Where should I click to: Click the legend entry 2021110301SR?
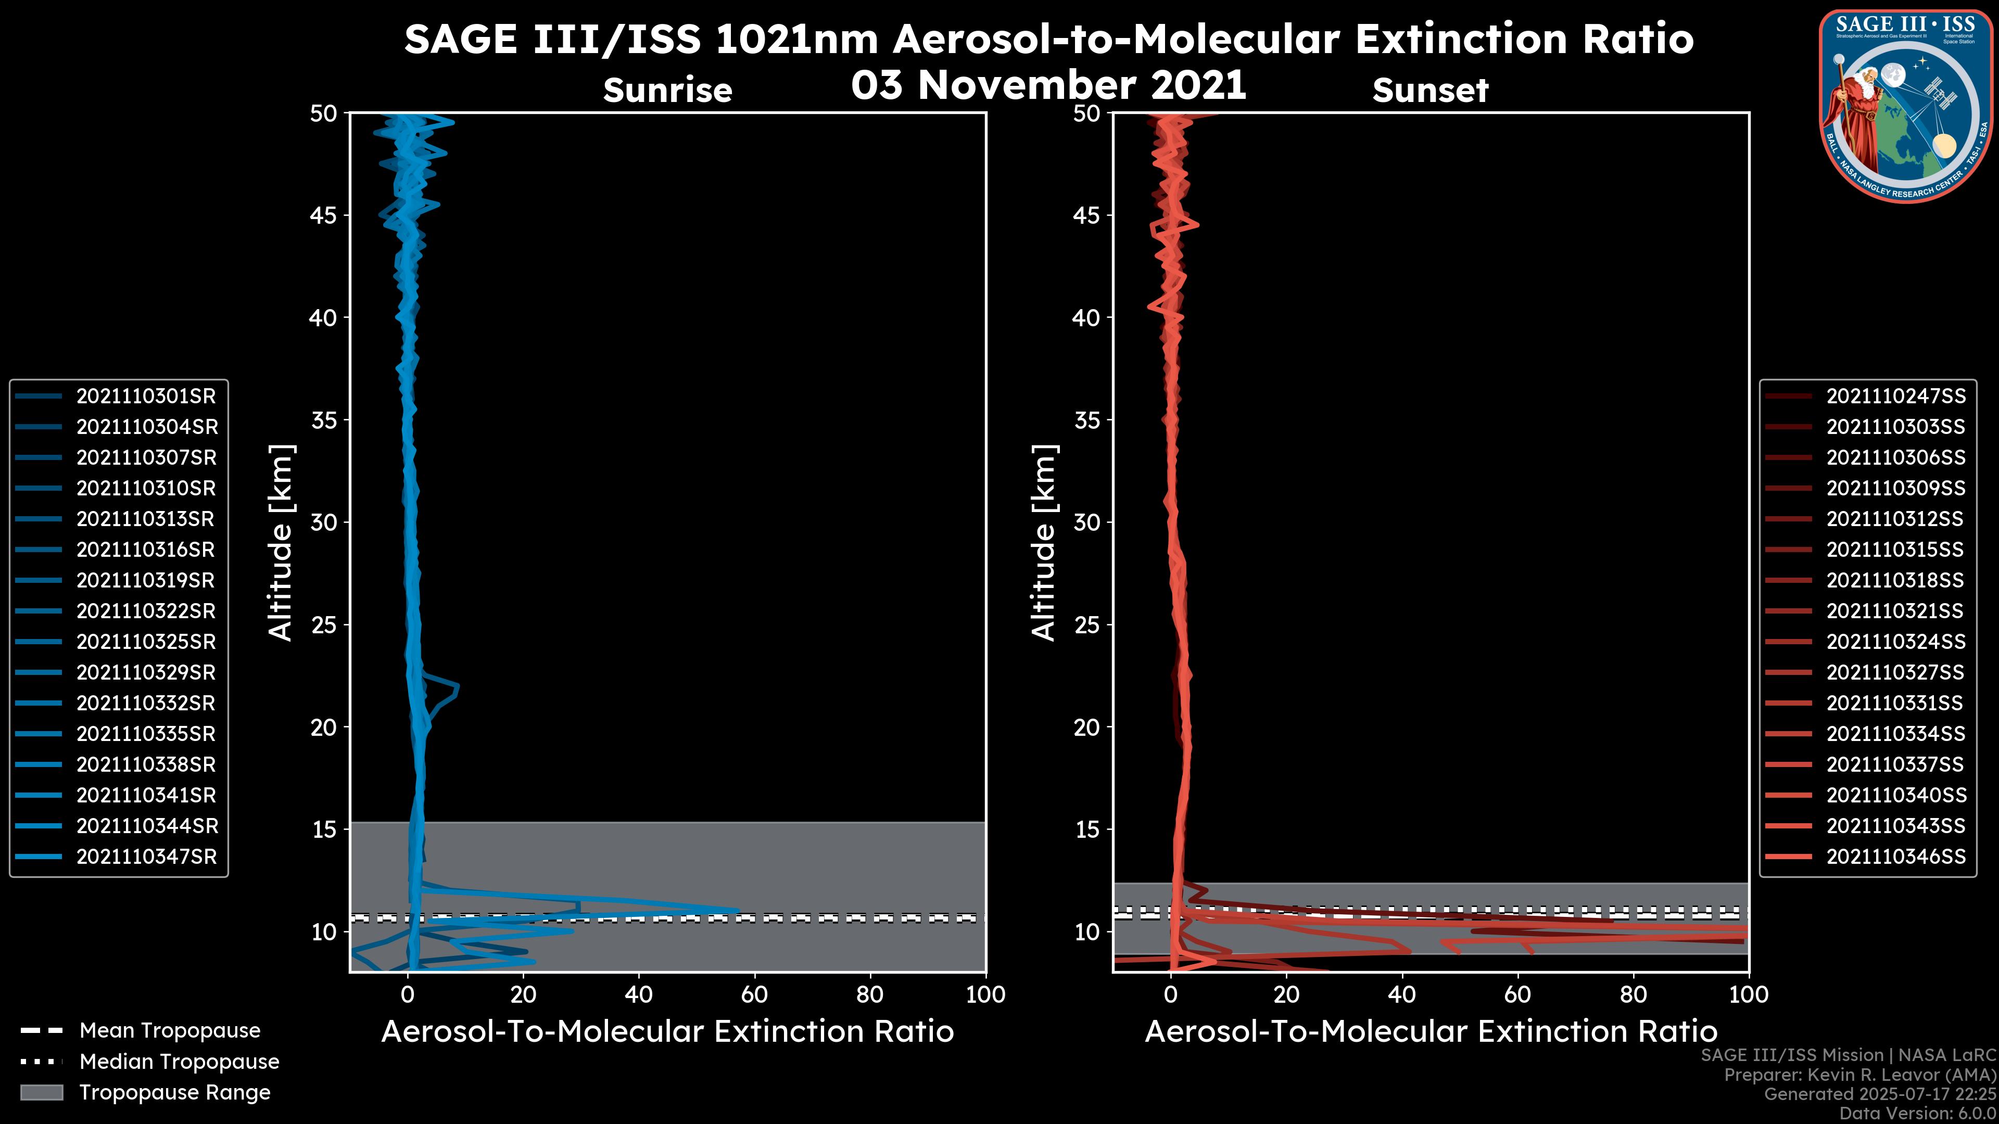point(146,397)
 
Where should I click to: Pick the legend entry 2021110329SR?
point(146,672)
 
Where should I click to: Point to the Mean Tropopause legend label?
point(170,1030)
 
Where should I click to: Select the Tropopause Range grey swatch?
point(41,1092)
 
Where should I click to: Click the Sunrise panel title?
point(667,91)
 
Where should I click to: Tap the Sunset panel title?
point(1430,91)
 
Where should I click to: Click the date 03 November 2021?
point(1048,84)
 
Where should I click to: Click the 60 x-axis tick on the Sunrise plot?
point(754,994)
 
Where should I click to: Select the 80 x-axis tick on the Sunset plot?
point(1634,994)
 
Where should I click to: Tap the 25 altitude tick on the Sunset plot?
point(1086,624)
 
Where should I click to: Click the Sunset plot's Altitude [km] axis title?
point(1044,543)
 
